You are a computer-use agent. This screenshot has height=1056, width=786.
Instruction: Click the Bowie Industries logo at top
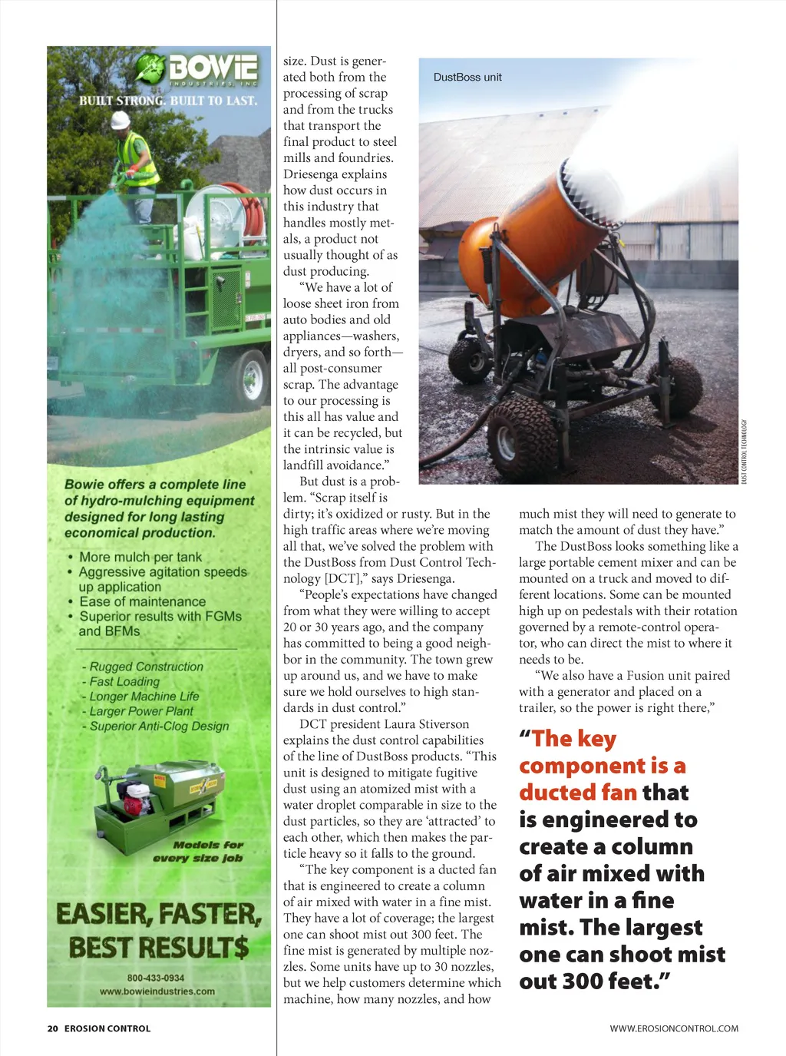196,70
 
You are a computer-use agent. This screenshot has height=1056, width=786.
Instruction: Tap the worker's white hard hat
121,120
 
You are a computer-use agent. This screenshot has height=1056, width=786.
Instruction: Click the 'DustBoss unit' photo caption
467,78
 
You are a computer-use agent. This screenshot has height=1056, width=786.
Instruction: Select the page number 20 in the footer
52,1028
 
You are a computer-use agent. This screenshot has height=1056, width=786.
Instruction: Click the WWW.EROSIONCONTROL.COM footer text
674,1028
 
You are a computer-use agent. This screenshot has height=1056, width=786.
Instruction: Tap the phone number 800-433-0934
156,978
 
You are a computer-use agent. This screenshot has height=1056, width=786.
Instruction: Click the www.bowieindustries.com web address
157,991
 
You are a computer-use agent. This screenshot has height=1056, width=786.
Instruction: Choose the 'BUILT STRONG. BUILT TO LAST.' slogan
168,101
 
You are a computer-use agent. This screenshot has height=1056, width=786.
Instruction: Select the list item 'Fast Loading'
124,681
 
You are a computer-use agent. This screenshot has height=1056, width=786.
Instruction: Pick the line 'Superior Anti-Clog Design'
159,726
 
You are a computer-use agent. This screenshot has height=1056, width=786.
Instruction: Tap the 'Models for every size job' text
198,851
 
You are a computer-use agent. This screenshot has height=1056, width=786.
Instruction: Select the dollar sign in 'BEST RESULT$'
240,947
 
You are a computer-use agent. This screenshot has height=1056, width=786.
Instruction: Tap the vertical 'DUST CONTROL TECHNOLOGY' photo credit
744,452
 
